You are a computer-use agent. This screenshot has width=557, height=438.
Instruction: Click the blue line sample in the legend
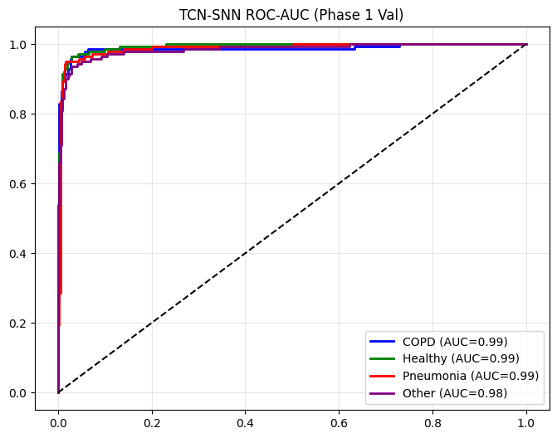[x=384, y=341]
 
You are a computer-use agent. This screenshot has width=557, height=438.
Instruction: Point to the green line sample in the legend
[x=384, y=358]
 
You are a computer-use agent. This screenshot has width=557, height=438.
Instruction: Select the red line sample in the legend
[x=384, y=376]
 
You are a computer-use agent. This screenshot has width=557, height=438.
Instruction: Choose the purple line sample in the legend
[x=384, y=393]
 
